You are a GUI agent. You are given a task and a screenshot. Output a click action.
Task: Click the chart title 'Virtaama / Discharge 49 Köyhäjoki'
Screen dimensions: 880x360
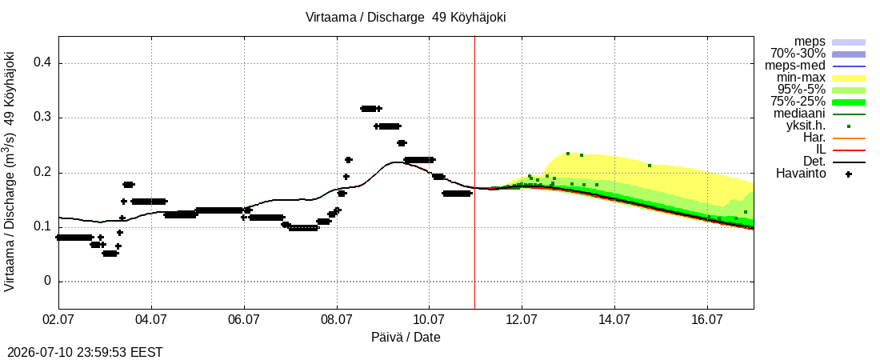point(406,17)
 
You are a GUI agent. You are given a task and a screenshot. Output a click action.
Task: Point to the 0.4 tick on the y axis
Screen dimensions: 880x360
point(43,63)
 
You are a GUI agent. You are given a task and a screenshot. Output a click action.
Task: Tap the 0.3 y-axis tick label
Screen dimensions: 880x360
point(43,118)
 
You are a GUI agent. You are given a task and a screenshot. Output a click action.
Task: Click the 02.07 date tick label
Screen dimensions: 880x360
point(59,320)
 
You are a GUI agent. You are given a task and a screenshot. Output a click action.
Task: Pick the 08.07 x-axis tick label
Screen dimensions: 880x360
point(337,320)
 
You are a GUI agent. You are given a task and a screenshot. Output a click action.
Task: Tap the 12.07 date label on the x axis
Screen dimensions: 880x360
point(522,320)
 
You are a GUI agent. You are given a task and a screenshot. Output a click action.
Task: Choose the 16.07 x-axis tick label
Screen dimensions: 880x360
point(707,320)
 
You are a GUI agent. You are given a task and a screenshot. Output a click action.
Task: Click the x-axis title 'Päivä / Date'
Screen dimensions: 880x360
point(406,337)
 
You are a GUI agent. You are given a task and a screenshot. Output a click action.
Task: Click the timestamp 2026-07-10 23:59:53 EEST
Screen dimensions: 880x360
point(82,353)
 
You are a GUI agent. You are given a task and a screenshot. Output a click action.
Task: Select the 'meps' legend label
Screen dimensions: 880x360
point(810,42)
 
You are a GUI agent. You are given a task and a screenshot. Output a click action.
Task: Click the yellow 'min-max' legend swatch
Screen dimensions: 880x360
point(849,78)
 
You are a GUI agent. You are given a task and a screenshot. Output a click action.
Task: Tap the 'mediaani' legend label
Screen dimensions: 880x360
point(800,114)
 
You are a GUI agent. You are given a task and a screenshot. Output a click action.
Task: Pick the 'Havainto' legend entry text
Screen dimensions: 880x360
point(801,174)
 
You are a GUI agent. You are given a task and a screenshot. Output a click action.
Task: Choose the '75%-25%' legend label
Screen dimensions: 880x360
point(798,102)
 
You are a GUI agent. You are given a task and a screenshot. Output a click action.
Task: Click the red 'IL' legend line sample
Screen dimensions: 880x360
point(849,150)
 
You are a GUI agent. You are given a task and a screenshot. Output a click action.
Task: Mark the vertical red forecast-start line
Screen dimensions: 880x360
point(474,172)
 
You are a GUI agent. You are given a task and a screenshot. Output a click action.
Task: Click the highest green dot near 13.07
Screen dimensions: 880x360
point(568,154)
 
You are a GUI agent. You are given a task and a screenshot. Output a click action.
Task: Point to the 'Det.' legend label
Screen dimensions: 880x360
point(815,162)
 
